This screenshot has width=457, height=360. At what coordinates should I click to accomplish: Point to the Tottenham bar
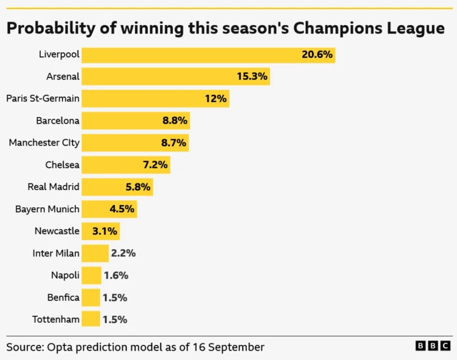point(91,319)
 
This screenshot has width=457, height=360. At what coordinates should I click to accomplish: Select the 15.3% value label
point(252,76)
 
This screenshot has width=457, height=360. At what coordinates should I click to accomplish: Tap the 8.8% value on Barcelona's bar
point(174,121)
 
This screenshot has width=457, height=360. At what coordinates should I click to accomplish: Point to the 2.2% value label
point(124,253)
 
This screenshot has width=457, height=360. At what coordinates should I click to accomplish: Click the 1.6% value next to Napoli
point(116,275)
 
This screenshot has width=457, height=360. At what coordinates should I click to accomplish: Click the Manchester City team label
point(44,142)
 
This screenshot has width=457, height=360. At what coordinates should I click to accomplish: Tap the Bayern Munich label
point(47,209)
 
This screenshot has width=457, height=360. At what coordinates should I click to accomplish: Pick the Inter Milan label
point(56,253)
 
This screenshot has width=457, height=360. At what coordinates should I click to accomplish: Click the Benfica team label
point(61,297)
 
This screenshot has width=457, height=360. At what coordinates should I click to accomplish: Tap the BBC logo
point(432,346)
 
